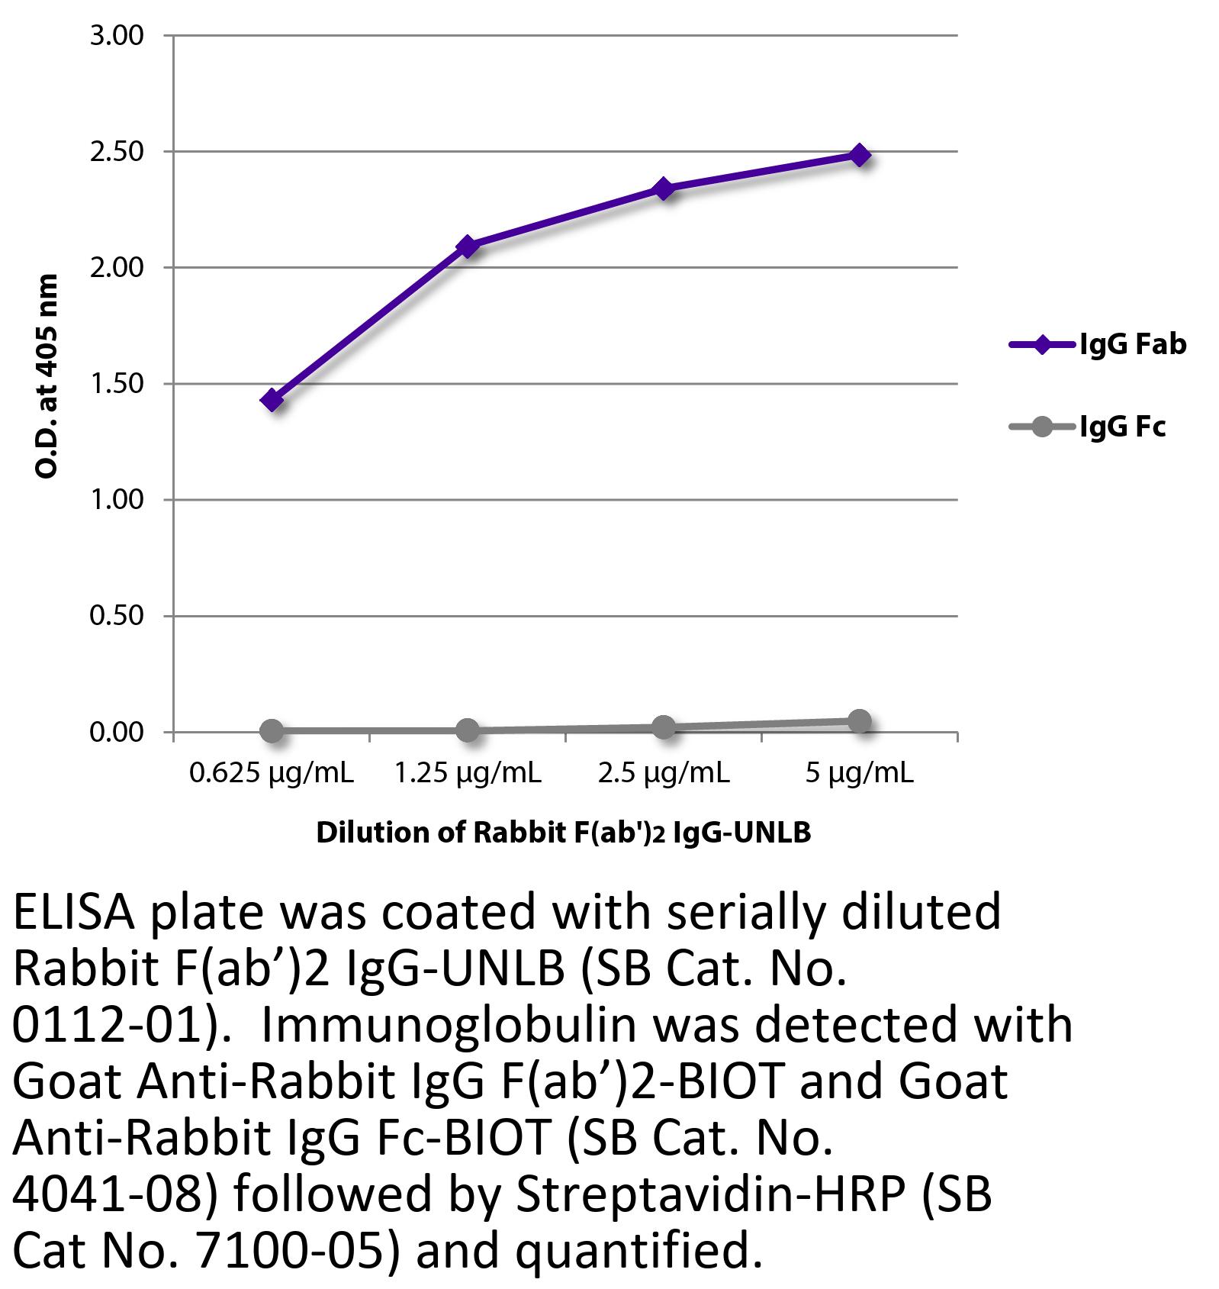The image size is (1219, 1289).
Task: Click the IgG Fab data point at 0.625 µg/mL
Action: coord(272,399)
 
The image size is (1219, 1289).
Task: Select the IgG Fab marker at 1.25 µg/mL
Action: coord(468,245)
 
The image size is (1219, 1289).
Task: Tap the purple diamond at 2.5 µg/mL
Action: coord(663,188)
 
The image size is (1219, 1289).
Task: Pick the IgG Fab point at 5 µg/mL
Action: coord(859,155)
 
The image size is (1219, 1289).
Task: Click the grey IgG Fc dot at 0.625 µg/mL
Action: coord(272,730)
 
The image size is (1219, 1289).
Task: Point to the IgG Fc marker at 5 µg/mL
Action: coord(859,721)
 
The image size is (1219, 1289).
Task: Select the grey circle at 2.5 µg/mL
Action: coord(663,727)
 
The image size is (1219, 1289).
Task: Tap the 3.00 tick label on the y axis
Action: coord(117,36)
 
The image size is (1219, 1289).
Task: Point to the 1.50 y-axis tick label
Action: coord(117,384)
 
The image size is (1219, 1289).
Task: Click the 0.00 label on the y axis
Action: coord(117,733)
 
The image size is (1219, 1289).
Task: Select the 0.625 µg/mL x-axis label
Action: coord(272,774)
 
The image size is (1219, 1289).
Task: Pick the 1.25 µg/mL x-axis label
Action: coord(468,774)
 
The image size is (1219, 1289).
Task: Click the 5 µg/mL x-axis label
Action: coord(859,774)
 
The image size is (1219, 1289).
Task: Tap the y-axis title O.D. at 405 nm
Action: coord(47,375)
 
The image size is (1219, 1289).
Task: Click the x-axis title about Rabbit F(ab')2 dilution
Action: coord(563,833)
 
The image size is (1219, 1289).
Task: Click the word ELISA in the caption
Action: coord(72,913)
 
